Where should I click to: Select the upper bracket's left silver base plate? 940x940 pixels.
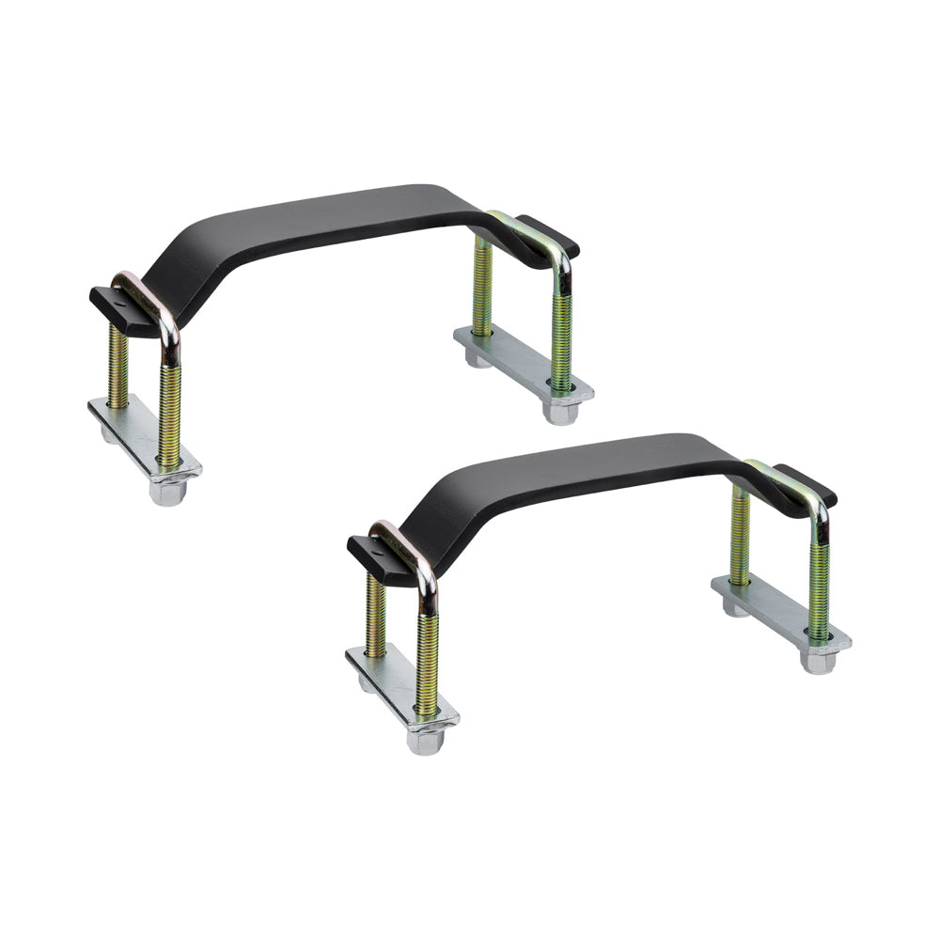pyautogui.click(x=141, y=432)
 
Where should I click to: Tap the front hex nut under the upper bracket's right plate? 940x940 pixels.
pyautogui.click(x=561, y=410)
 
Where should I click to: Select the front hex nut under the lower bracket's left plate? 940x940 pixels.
pyautogui.click(x=425, y=741)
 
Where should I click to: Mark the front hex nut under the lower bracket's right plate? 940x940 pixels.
pyautogui.click(x=819, y=660)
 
